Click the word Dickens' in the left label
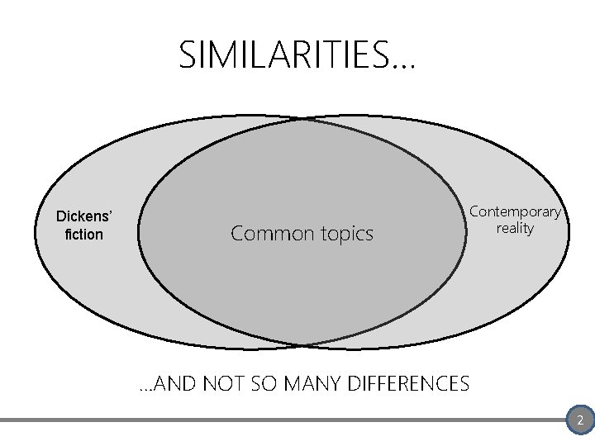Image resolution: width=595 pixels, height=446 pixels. tap(84, 216)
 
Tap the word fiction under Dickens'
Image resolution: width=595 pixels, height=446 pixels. tap(84, 235)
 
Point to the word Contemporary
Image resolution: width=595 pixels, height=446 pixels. tap(515, 211)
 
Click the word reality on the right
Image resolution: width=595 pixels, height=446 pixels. tap(515, 228)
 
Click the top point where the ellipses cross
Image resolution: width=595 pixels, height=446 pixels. tap(303, 120)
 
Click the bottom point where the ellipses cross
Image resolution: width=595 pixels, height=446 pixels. tap(303, 345)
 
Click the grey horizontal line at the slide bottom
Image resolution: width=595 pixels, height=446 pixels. tap(281, 420)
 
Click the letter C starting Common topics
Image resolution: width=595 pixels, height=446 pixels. tap(238, 234)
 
